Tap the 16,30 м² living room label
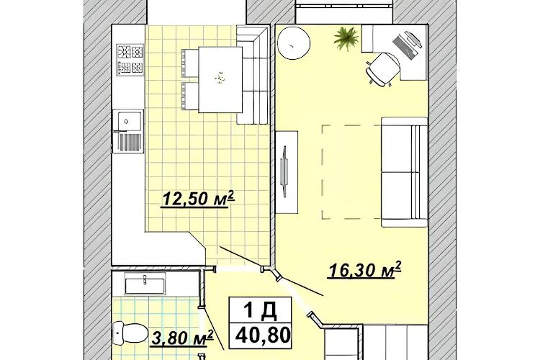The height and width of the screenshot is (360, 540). pyautogui.click(x=365, y=270)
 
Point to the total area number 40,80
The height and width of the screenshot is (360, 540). pyautogui.click(x=262, y=336)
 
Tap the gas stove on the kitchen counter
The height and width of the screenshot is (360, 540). pyautogui.click(x=130, y=59)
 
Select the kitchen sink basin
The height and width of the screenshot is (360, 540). pyautogui.click(x=129, y=121)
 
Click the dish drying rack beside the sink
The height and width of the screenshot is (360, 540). pyautogui.click(x=130, y=143)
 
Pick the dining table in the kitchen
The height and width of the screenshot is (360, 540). pyautogui.click(x=220, y=80)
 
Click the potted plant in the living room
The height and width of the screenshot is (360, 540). pyautogui.click(x=346, y=39)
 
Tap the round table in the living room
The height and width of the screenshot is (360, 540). pyautogui.click(x=294, y=43)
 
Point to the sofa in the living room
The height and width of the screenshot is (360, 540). pyautogui.click(x=405, y=172)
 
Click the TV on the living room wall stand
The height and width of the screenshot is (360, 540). pyautogui.click(x=284, y=171)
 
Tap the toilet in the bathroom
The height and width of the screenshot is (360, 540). pyautogui.click(x=128, y=333)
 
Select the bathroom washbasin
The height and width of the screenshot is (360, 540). pyautogui.click(x=145, y=283)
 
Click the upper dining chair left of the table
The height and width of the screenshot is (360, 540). pyautogui.click(x=190, y=63)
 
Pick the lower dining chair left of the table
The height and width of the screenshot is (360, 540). pyautogui.click(x=190, y=96)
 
